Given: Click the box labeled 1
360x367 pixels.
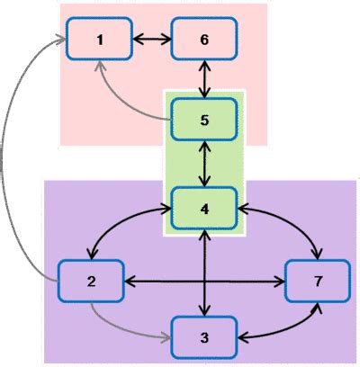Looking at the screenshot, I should click(x=99, y=40).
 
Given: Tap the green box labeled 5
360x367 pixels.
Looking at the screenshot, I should click(x=204, y=121).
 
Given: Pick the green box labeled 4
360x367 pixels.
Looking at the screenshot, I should click(x=204, y=209).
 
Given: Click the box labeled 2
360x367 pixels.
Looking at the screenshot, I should click(x=91, y=282).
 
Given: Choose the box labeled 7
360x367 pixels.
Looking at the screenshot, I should click(x=316, y=282).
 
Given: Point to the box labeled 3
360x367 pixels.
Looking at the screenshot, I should click(x=204, y=338).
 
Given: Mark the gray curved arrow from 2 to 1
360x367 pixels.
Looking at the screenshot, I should click(x=11, y=162).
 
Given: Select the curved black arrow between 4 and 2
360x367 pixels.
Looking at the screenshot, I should click(x=117, y=222).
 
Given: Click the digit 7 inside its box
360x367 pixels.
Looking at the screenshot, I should click(x=316, y=282).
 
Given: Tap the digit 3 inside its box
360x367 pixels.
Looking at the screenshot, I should click(x=204, y=338).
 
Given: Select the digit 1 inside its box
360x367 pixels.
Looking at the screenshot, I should click(x=99, y=40).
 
